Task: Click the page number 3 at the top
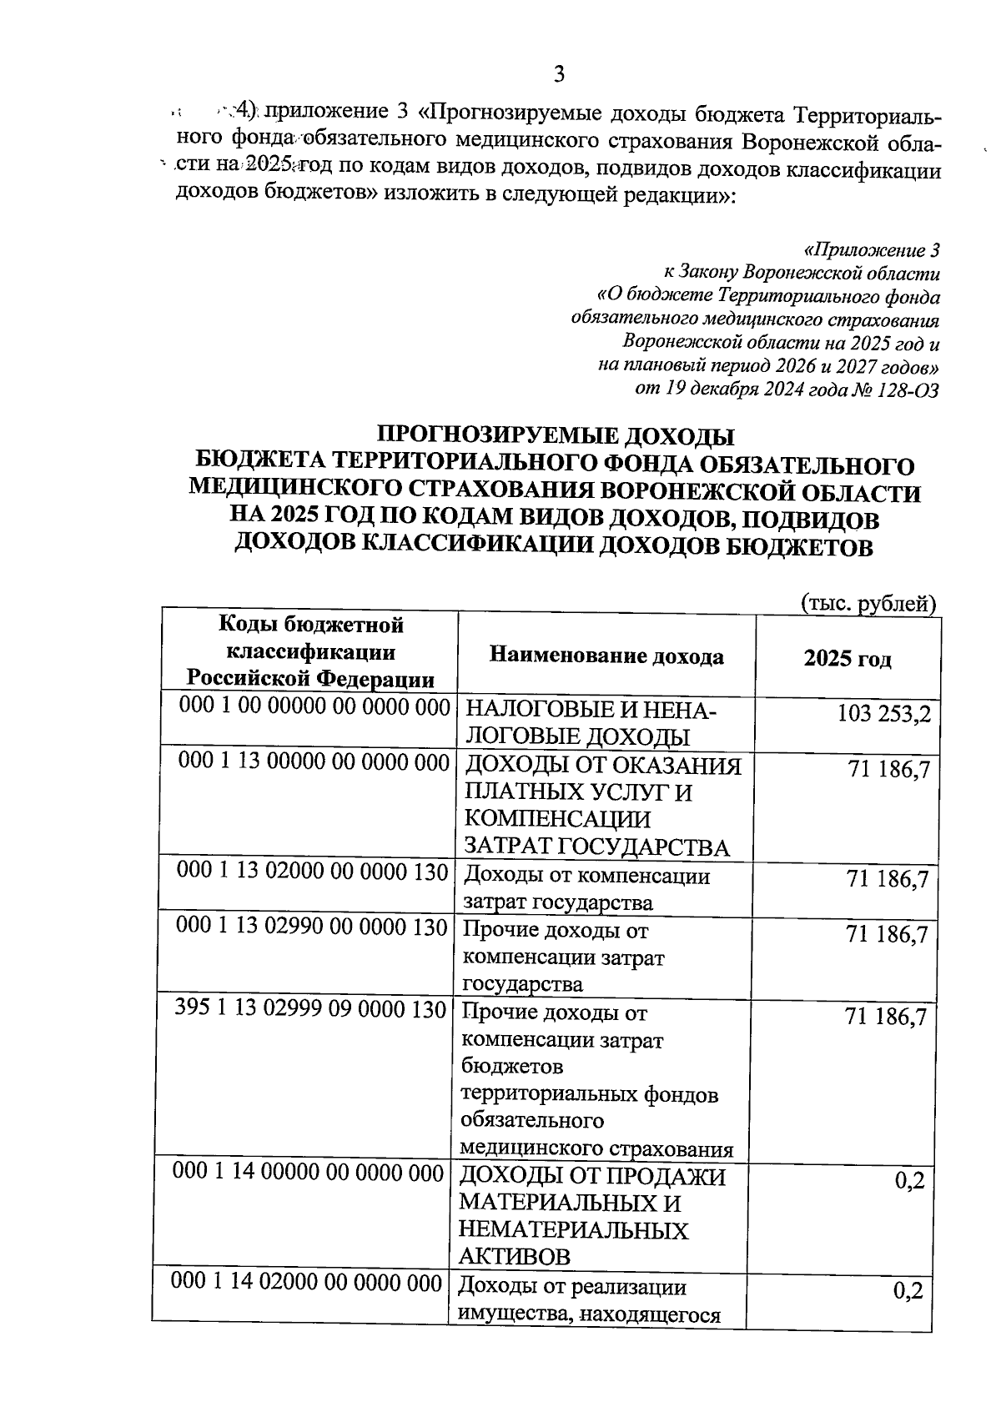pyautogui.click(x=559, y=75)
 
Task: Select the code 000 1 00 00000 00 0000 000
pyautogui.click(x=315, y=707)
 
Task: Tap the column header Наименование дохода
pyautogui.click(x=606, y=656)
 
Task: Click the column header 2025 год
pyautogui.click(x=847, y=659)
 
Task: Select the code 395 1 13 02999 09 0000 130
pyautogui.click(x=310, y=1010)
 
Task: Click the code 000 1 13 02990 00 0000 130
pyautogui.click(x=312, y=927)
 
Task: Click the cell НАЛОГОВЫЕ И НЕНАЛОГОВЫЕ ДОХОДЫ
pyautogui.click(x=589, y=723)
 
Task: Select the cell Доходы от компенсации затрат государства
pyautogui.click(x=586, y=889)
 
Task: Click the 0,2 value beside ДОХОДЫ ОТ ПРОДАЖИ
pyautogui.click(x=908, y=1182)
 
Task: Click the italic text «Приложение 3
pyautogui.click(x=872, y=250)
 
